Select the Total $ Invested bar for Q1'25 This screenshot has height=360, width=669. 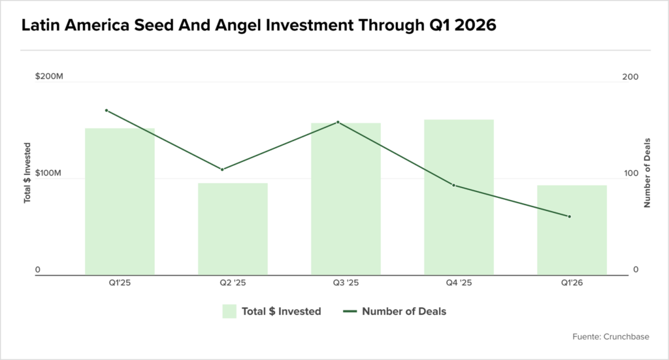coord(120,201)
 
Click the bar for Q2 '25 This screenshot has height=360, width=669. coord(233,229)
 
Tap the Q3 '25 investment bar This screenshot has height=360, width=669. coord(346,199)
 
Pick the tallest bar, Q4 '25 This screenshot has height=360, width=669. coord(459,197)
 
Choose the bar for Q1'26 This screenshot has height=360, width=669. coord(572,230)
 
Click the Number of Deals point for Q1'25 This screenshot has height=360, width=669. coord(106,110)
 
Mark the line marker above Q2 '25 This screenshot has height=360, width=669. coord(222,169)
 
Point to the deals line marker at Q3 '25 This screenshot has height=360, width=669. coord(338,122)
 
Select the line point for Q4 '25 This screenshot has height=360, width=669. coord(453,185)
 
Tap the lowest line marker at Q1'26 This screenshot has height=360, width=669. coord(569,217)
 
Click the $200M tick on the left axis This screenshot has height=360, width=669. coord(49,76)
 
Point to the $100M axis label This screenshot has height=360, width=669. coord(48,172)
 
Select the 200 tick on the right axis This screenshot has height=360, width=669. coord(630,77)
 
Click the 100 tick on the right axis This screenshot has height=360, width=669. coord(631,173)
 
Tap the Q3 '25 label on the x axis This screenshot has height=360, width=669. coord(346,283)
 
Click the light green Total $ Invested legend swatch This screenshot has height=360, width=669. coord(229,312)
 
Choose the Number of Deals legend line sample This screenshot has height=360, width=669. coord(350,312)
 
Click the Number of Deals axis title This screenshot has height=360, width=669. coord(647,172)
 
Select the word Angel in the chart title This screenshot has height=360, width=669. coord(238,25)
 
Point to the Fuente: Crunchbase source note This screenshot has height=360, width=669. coord(611,336)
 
